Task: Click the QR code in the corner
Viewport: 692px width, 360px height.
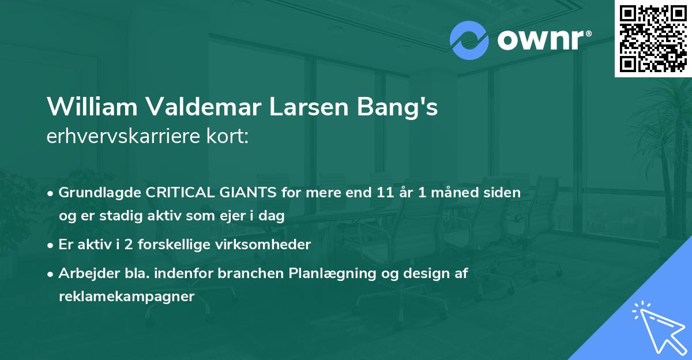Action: pos(652,39)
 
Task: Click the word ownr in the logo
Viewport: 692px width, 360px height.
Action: pos(543,40)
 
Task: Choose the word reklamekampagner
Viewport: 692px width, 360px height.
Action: pos(127,297)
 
